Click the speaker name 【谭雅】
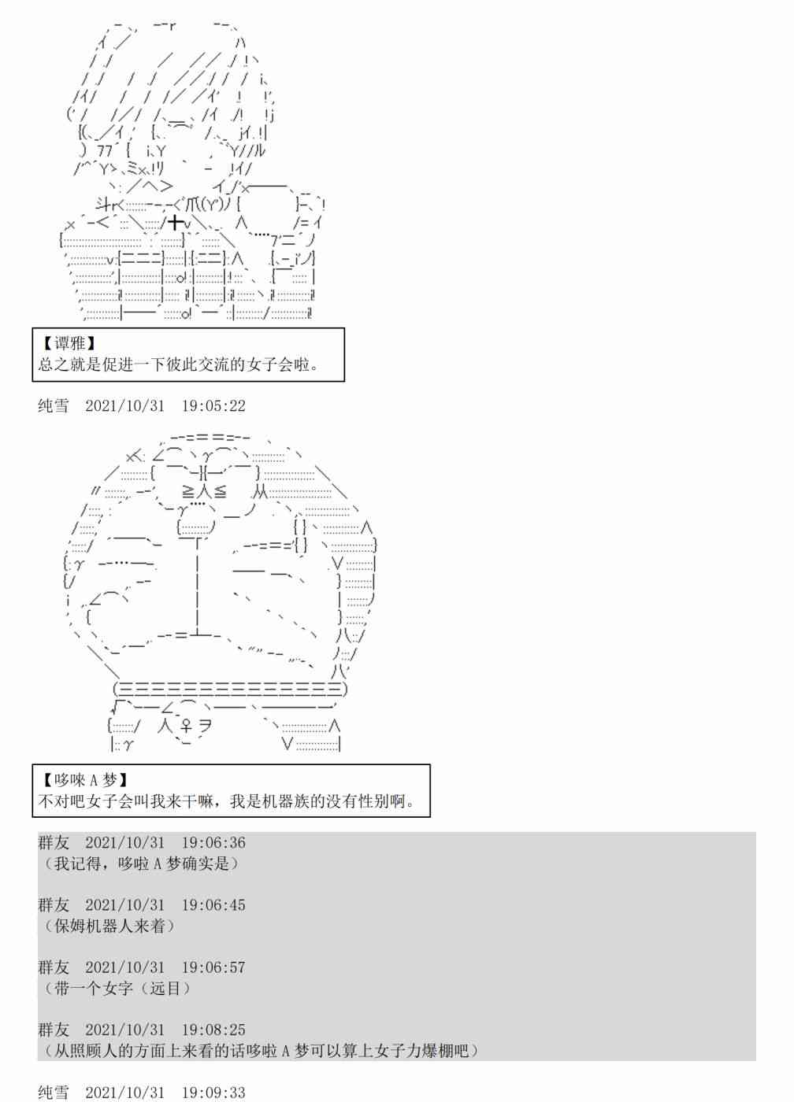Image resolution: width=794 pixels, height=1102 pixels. [x=69, y=343]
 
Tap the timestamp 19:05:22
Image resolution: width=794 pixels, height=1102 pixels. [x=213, y=406]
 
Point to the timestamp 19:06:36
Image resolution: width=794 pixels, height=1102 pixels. [x=213, y=842]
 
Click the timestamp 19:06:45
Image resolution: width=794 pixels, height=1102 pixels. [x=213, y=905]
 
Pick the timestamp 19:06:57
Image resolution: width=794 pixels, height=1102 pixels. [x=213, y=967]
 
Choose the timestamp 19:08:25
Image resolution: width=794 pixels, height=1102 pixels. [x=213, y=1030]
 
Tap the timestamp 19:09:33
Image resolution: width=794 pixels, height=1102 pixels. [x=213, y=1093]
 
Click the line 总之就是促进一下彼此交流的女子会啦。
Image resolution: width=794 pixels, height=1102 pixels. [x=179, y=364]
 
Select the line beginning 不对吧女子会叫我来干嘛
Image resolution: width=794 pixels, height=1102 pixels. [x=226, y=801]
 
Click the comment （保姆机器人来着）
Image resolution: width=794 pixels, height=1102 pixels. [x=109, y=926]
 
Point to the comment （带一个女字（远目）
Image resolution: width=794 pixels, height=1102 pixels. [x=117, y=989]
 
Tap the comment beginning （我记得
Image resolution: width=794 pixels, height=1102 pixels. [x=140, y=863]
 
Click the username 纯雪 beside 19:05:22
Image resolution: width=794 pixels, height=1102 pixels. [x=54, y=406]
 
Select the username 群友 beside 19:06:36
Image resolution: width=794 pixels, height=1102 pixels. [x=54, y=842]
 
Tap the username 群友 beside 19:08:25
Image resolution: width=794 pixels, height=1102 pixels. [x=54, y=1030]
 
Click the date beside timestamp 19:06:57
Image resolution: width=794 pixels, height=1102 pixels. [x=125, y=967]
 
